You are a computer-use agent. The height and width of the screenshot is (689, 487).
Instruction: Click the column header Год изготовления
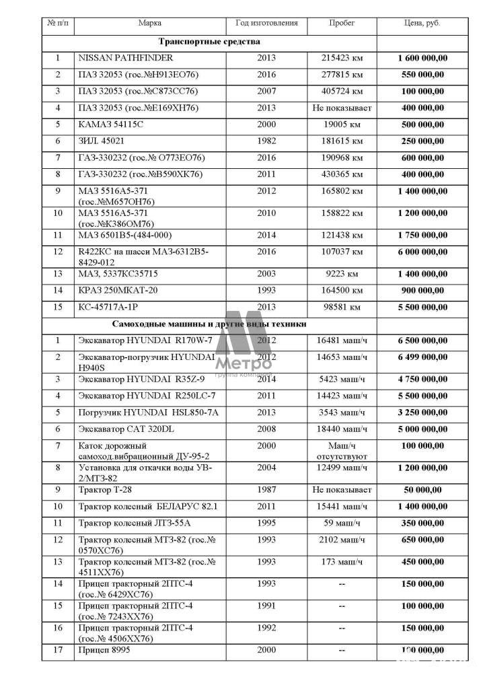[266, 23]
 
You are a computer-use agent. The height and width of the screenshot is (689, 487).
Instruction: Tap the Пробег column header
[342, 23]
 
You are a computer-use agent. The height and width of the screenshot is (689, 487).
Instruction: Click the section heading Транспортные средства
[209, 42]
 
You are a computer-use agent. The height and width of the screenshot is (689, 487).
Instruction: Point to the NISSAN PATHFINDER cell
[126, 58]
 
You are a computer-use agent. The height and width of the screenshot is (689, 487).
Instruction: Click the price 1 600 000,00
[422, 58]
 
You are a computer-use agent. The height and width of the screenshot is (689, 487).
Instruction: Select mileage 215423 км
[342, 58]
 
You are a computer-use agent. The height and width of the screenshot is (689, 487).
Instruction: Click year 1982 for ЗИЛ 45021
[266, 141]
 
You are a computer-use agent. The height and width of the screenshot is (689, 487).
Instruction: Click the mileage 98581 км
[342, 307]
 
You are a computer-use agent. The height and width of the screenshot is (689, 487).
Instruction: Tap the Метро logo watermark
[243, 343]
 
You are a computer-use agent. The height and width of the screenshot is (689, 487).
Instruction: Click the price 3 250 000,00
[422, 412]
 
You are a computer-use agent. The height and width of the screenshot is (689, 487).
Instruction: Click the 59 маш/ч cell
[342, 522]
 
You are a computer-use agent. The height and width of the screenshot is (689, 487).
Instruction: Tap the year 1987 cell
[266, 489]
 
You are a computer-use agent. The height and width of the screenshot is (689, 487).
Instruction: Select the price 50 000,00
[422, 489]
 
